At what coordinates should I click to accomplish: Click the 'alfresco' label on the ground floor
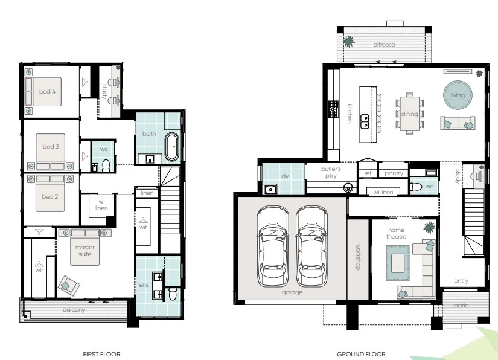384,45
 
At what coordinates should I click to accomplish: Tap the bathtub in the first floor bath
172,147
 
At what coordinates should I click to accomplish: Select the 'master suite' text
85,251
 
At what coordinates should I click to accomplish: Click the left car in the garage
273,246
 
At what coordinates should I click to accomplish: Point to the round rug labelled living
458,95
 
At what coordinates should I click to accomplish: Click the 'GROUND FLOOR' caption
361,354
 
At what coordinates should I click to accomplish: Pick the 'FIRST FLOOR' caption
101,354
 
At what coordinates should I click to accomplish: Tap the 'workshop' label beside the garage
358,257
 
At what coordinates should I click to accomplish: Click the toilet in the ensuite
173,294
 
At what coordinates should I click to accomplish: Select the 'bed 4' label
47,91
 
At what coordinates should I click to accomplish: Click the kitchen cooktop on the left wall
333,109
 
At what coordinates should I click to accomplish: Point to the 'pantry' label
394,173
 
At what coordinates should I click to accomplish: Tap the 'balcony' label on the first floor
74,309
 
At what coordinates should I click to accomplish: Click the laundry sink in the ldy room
270,190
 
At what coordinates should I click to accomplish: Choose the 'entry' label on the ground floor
461,280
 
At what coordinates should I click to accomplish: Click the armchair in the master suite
69,285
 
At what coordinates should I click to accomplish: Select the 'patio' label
461,306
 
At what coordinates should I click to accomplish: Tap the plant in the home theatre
429,228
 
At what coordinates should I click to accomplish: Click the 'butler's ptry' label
331,172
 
